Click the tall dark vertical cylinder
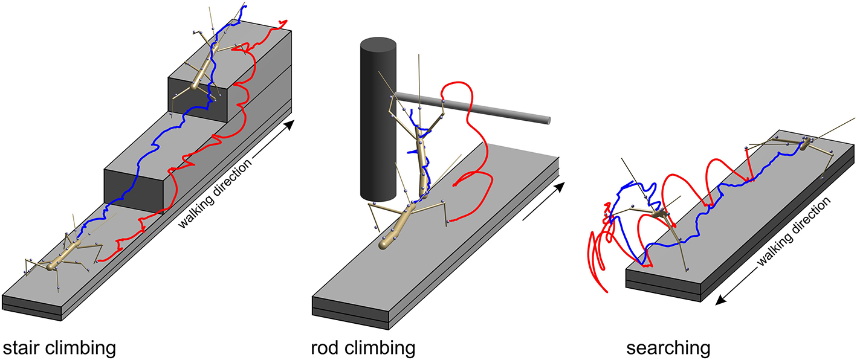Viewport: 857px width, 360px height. [x=378, y=121]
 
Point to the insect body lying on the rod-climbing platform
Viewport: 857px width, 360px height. [x=399, y=224]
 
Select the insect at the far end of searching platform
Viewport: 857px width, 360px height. [x=786, y=145]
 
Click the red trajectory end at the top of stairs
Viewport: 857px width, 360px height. [x=283, y=22]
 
